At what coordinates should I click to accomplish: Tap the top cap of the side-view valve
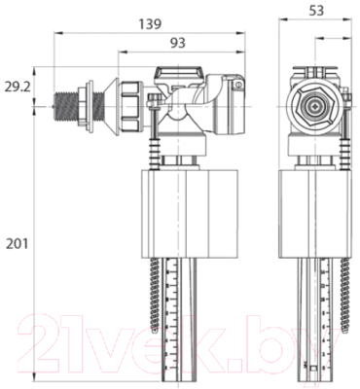pos(180,72)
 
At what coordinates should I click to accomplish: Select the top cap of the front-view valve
pos(313,72)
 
